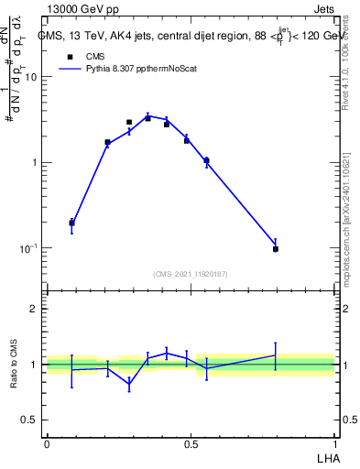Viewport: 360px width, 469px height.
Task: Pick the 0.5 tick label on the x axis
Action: coord(191,443)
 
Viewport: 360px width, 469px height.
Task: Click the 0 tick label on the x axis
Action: coord(47,443)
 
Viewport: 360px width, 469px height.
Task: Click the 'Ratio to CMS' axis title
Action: coord(14,365)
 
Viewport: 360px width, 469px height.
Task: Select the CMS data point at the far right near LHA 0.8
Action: coord(275,249)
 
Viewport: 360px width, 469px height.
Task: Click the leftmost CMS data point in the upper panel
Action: coord(71,223)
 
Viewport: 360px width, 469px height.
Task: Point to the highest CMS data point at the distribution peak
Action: coord(147,118)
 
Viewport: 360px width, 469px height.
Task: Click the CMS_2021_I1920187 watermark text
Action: coord(191,273)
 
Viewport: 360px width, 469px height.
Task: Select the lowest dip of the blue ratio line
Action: coord(129,385)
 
